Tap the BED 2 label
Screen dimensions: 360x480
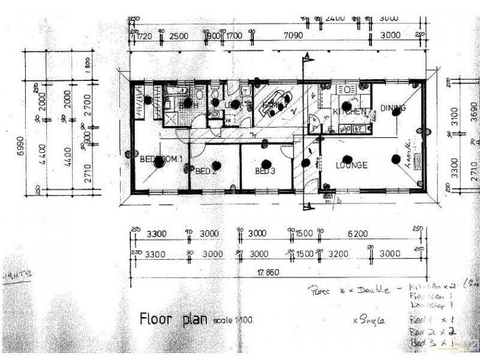tap(205, 171)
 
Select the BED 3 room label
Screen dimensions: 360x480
tap(265, 171)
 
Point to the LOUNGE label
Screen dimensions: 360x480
tap(351, 166)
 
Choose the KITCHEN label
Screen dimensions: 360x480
tap(350, 112)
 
